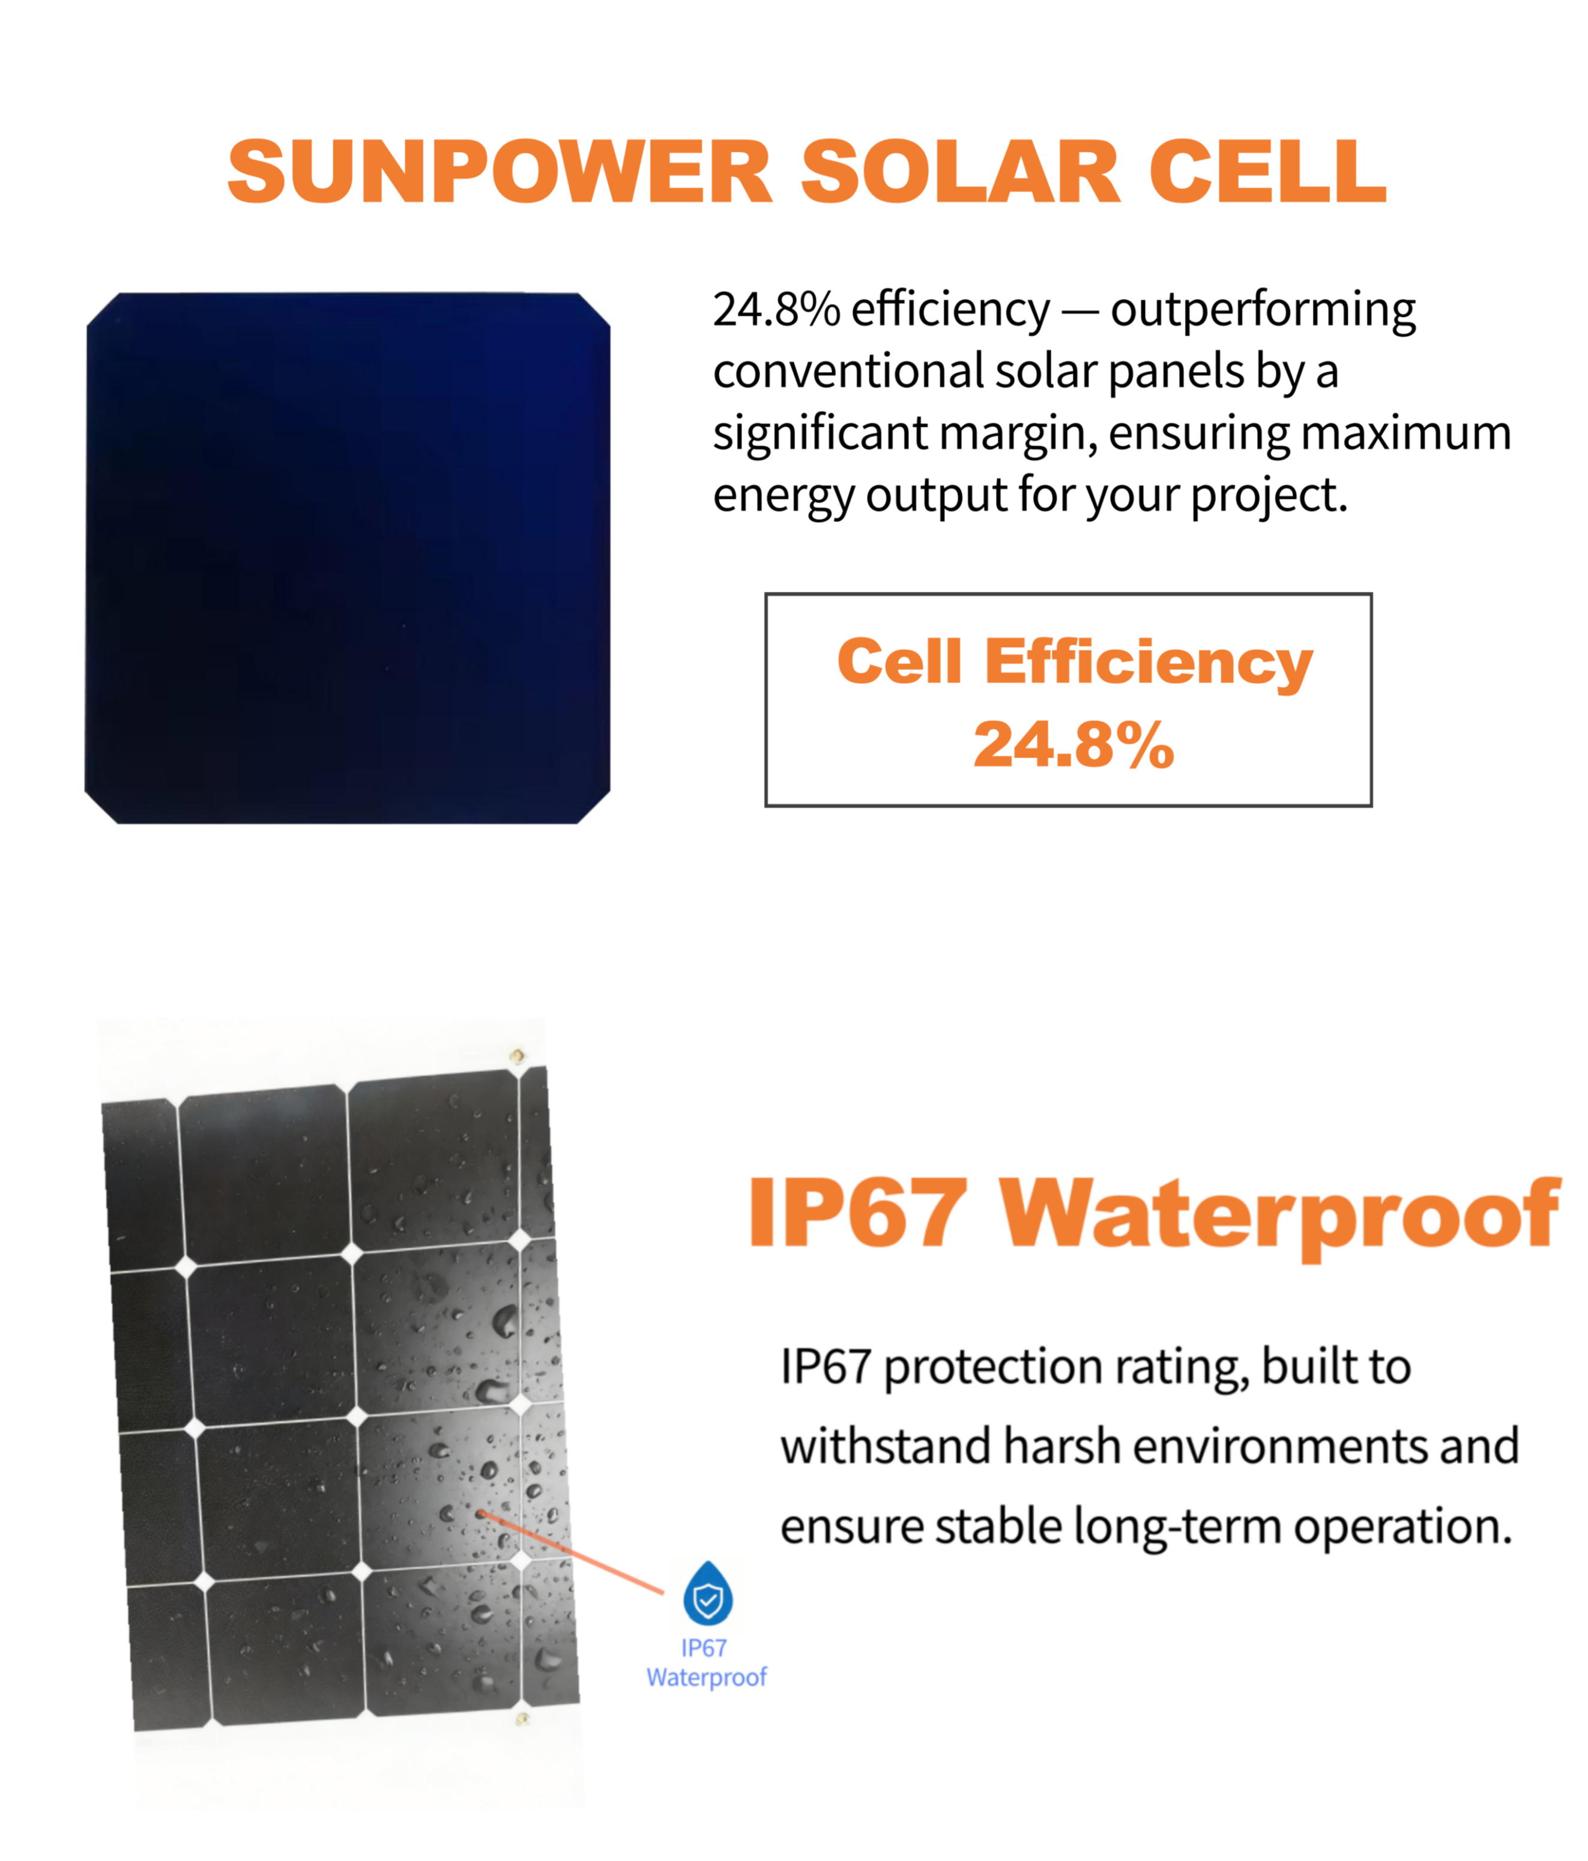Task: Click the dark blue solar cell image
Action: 348,557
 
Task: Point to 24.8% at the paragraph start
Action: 776,309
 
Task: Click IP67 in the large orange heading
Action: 858,1213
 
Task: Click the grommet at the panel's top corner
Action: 516,1055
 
